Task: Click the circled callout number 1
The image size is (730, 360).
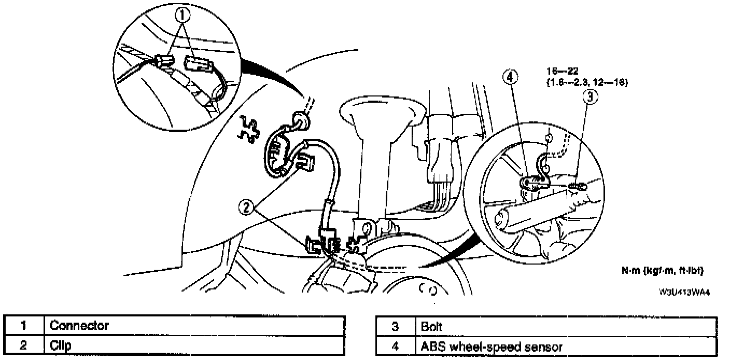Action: tap(182, 17)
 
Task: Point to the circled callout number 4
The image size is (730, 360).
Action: tap(510, 77)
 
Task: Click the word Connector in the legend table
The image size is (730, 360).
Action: tap(79, 326)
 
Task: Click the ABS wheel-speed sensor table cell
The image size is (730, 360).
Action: tap(488, 347)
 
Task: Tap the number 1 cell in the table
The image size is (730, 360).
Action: tap(23, 326)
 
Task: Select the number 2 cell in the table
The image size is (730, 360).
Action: tap(23, 345)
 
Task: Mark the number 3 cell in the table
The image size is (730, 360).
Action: tap(395, 327)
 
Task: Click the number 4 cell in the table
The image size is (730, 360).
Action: tap(395, 347)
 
